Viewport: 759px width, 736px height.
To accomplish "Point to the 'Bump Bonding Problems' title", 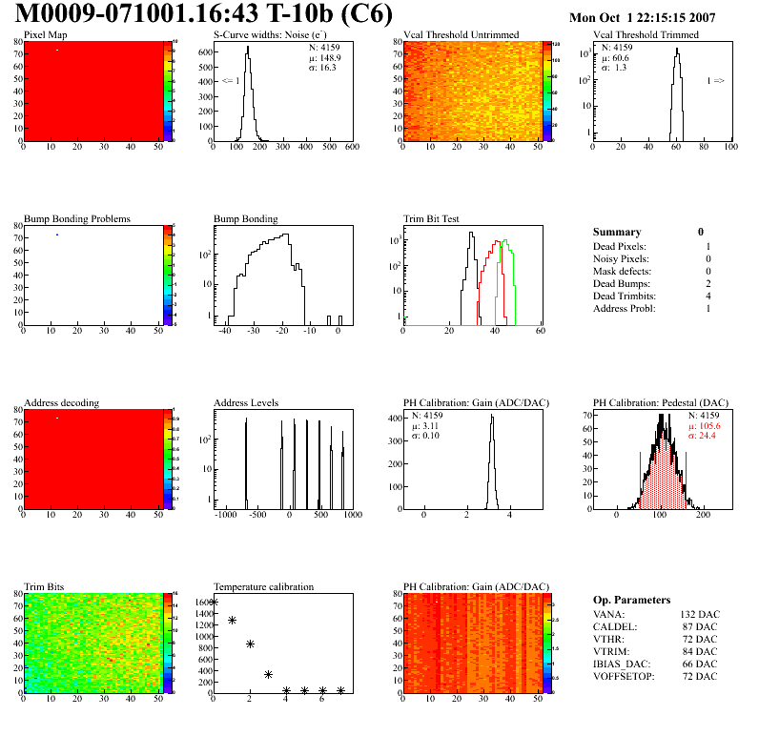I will [77, 218].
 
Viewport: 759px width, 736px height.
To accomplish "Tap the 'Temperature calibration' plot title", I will [264, 586].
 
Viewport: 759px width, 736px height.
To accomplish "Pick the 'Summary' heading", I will [617, 232].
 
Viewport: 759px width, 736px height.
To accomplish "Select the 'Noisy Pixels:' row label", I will [622, 259].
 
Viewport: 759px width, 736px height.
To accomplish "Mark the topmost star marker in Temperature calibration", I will [214, 602].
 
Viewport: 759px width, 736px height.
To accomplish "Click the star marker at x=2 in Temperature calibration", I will [250, 644].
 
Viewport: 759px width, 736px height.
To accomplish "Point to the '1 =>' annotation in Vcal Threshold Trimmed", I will [715, 81].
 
